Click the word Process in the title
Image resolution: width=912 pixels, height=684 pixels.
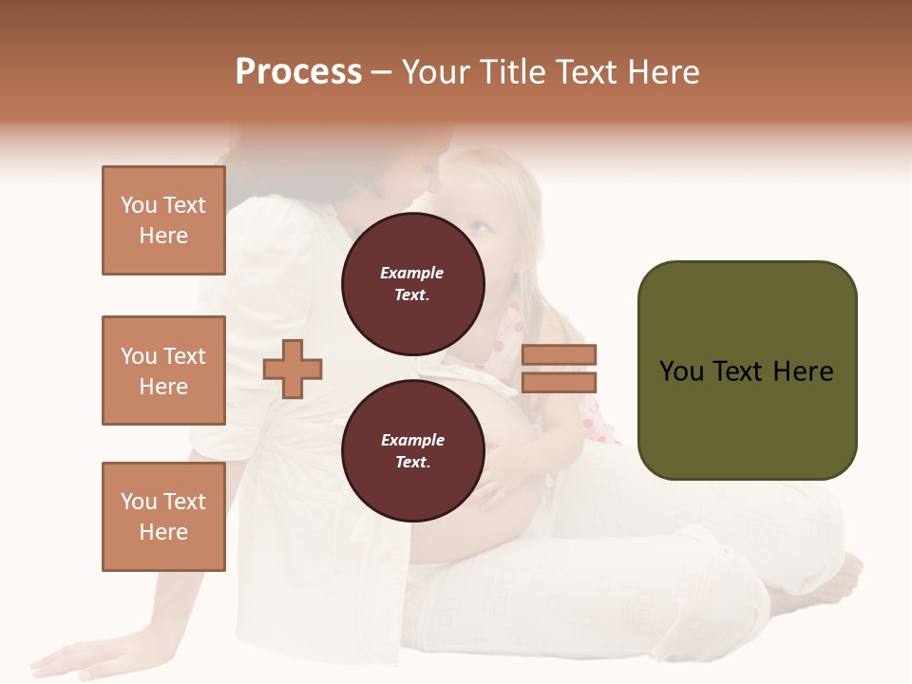click(298, 72)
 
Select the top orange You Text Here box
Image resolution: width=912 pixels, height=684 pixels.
click(163, 220)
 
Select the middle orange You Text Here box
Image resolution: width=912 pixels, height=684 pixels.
click(163, 370)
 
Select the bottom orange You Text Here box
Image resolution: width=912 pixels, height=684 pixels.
click(163, 517)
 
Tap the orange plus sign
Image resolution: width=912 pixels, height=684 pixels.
click(293, 369)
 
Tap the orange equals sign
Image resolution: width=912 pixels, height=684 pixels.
click(559, 369)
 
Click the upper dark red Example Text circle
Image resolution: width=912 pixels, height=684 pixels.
click(412, 283)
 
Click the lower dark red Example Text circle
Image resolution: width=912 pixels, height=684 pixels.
click(412, 450)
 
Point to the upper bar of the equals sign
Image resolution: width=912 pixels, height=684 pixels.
click(559, 355)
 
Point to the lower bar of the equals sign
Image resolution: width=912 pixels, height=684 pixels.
click(559, 382)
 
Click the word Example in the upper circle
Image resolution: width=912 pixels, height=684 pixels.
click(412, 274)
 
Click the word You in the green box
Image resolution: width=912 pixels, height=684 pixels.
click(681, 371)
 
